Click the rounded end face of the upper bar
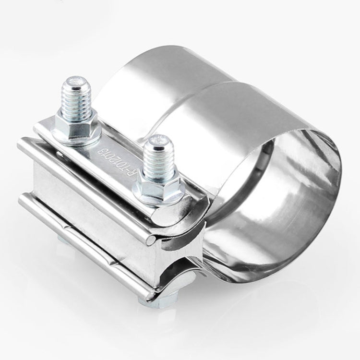tap(153, 239)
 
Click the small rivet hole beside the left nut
tap(60, 154)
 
